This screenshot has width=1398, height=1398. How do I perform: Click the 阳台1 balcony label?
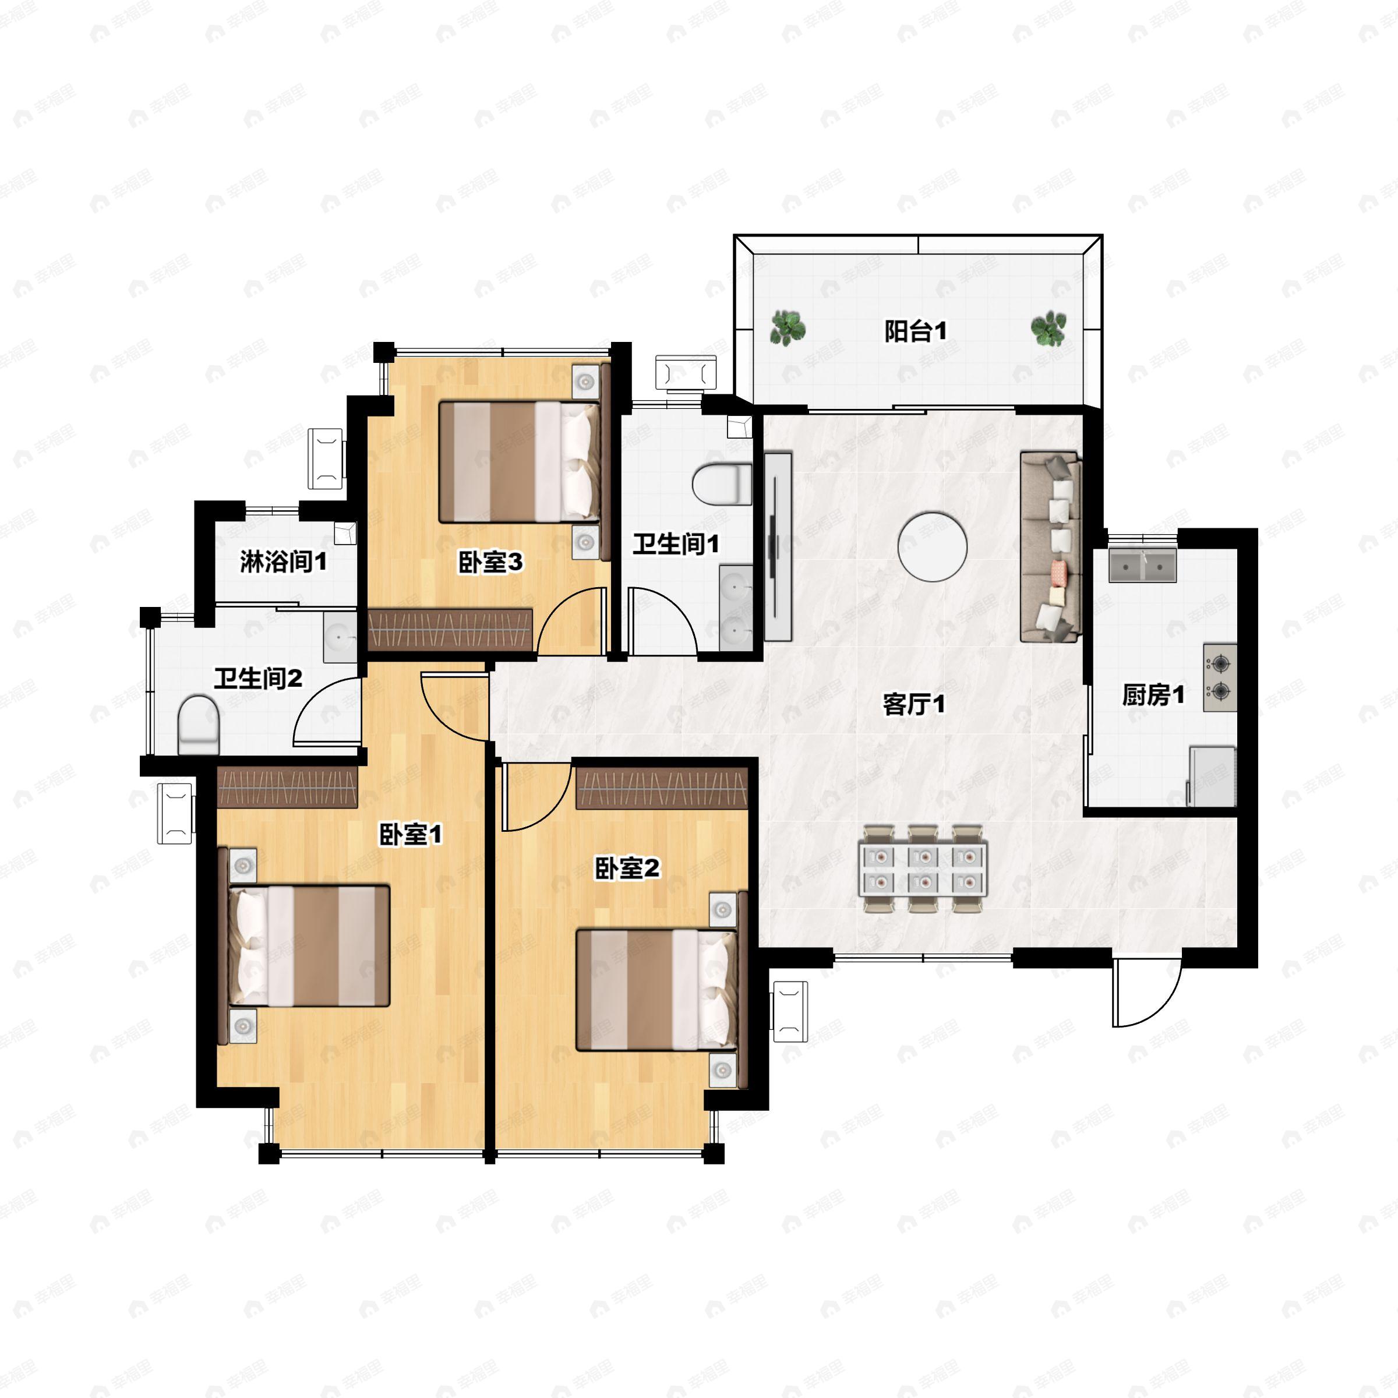pyautogui.click(x=915, y=332)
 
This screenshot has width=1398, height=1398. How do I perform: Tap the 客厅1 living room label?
pyautogui.click(x=914, y=704)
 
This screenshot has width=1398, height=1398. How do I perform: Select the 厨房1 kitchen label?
pyautogui.click(x=1153, y=696)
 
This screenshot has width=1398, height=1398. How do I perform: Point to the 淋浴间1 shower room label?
pyautogui.click(x=284, y=562)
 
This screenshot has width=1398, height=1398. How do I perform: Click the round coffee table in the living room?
pyautogui.click(x=933, y=546)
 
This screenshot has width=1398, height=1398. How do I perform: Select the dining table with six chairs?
pyautogui.click(x=923, y=869)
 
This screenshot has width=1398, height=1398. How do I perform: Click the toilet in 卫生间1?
pyautogui.click(x=722, y=484)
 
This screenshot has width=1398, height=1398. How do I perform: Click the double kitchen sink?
pyautogui.click(x=1143, y=566)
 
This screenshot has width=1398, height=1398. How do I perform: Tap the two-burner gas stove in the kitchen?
pyautogui.click(x=1220, y=677)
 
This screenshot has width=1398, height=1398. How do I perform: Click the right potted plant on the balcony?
pyautogui.click(x=1048, y=329)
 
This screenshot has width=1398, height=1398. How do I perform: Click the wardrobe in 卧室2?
pyautogui.click(x=661, y=788)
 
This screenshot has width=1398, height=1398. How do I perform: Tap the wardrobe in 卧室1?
pyautogui.click(x=287, y=788)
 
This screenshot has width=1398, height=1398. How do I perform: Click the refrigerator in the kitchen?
pyautogui.click(x=1213, y=776)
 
